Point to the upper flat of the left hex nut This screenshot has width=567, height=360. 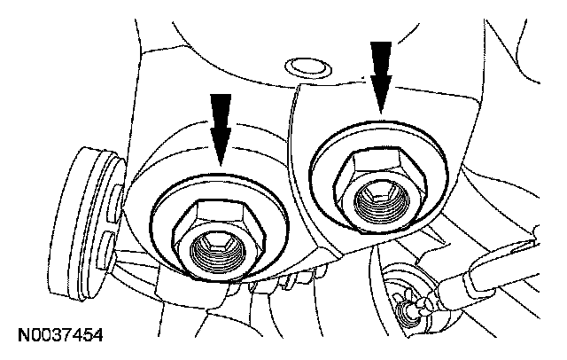[215, 208]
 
